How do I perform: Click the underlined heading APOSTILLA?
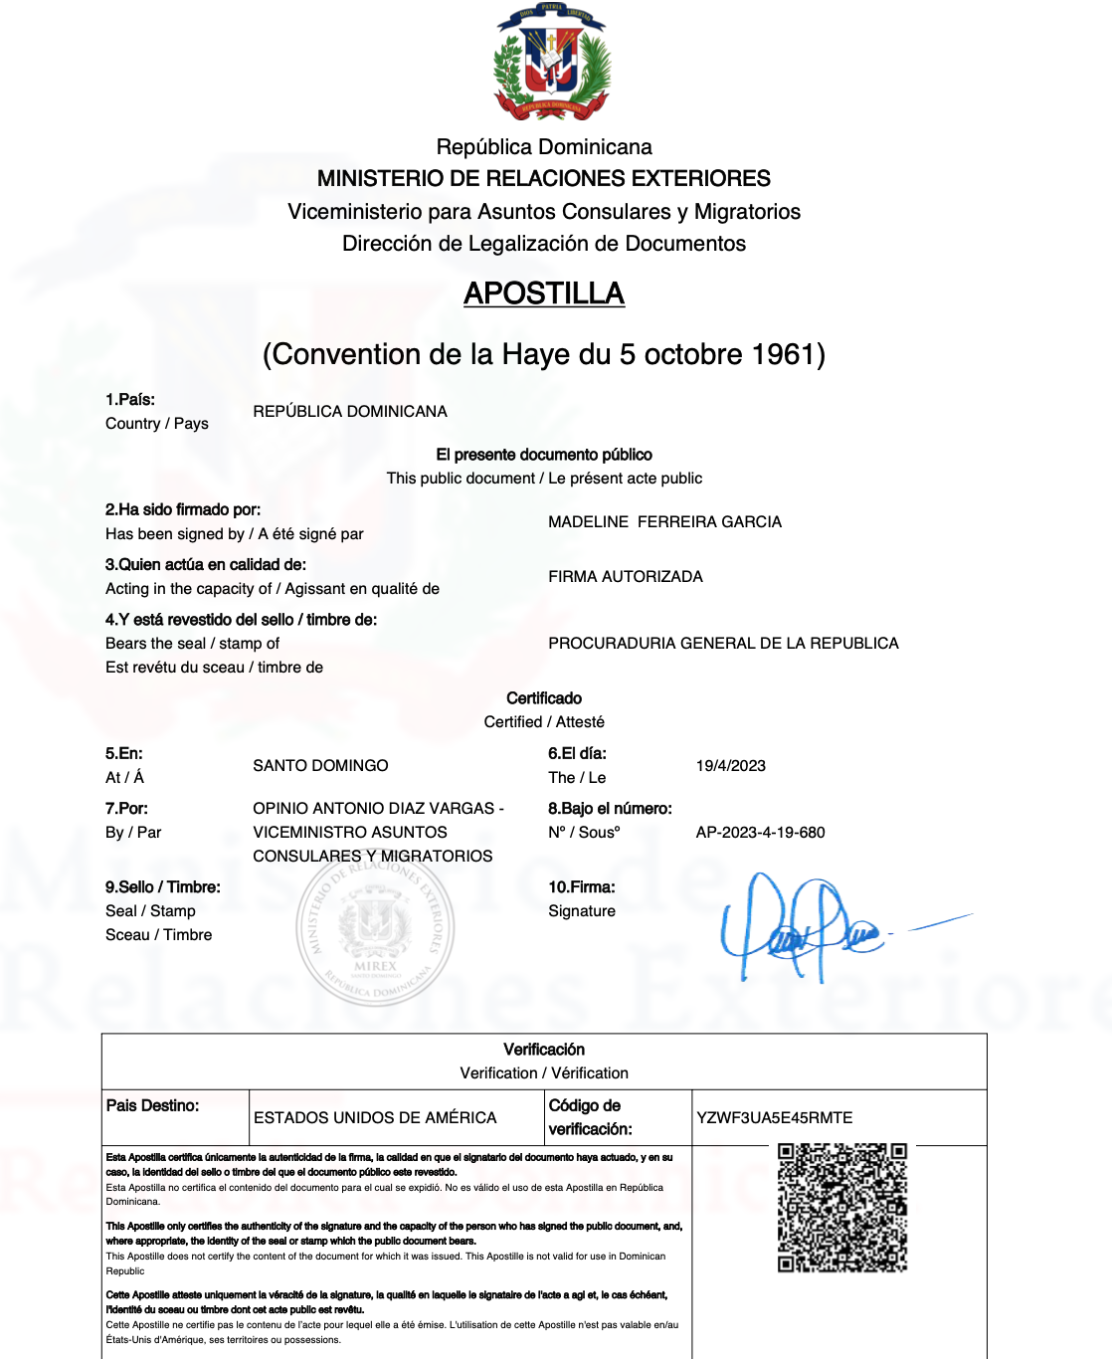pos(544,293)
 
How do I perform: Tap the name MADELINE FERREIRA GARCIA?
pos(664,521)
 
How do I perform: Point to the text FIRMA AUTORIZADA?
pos(625,576)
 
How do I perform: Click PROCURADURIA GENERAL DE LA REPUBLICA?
pos(723,643)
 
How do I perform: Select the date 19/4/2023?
pos(730,765)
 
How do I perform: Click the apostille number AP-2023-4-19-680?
pos(760,832)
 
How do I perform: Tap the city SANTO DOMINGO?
pos(320,765)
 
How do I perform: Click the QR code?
pos(841,1207)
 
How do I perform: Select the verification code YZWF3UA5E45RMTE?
pos(774,1117)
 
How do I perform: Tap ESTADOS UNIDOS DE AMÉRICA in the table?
pos(375,1117)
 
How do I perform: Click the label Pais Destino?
pos(152,1105)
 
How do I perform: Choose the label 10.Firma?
pos(582,886)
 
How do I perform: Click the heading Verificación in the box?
pos(544,1049)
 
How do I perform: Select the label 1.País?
pos(130,399)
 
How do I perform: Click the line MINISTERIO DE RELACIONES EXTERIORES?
pos(544,178)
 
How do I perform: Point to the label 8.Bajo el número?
pos(610,808)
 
